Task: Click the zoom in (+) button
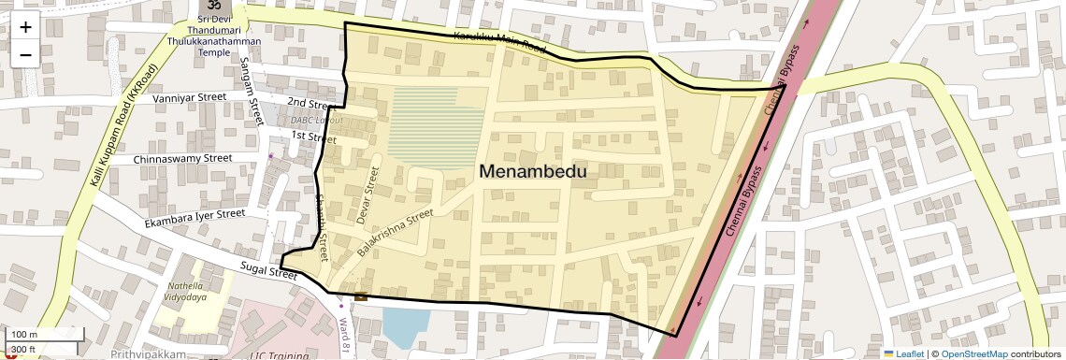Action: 25,26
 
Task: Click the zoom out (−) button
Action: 25,54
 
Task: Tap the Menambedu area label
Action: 533,171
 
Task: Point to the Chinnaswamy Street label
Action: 182,159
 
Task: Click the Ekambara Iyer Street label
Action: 194,219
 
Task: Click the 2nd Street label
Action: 311,103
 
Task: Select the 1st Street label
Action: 312,137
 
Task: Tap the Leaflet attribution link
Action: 909,353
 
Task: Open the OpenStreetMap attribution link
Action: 973,353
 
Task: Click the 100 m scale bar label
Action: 24,335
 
